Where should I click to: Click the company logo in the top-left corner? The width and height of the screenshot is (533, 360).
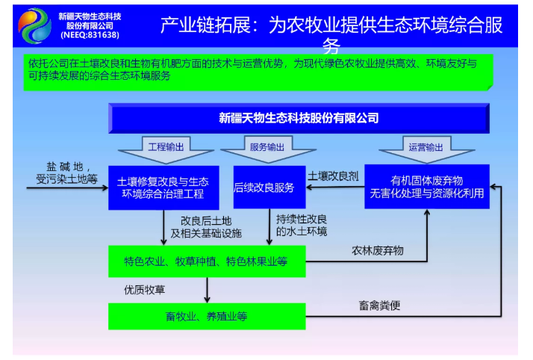click(35, 24)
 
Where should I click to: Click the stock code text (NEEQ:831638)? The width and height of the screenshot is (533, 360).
click(90, 35)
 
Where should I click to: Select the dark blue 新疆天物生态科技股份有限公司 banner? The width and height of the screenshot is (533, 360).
click(299, 118)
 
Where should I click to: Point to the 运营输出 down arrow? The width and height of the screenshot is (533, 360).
click(426, 146)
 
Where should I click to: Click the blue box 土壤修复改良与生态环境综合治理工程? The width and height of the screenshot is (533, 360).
click(163, 187)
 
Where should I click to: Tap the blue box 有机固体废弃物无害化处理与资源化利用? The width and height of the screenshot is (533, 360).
click(426, 187)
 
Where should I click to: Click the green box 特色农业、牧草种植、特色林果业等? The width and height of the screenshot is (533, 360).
click(206, 261)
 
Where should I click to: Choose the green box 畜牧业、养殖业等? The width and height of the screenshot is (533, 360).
click(206, 316)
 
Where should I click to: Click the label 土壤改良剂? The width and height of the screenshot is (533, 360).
click(334, 176)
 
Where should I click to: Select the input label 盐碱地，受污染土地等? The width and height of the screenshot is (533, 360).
click(68, 173)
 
